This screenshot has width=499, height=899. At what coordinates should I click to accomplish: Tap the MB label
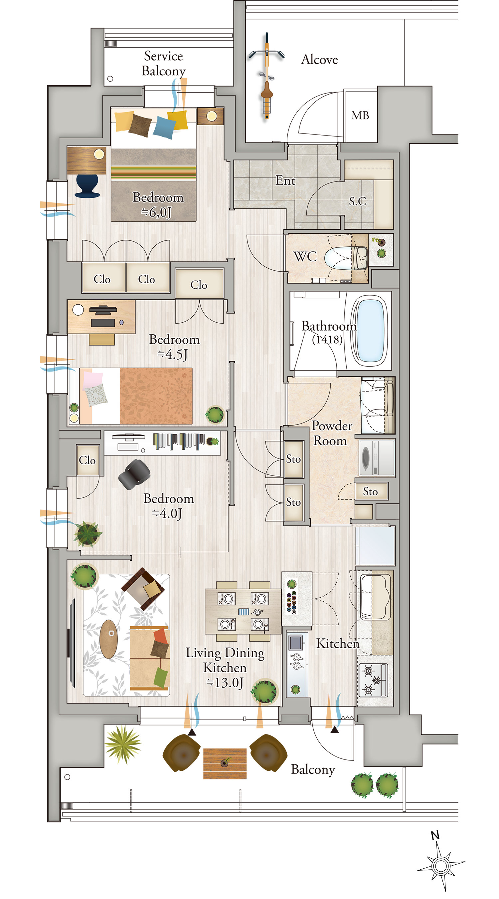360,115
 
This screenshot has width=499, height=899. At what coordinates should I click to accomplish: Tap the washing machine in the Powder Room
377,457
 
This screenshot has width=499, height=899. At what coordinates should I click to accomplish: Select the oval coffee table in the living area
108,639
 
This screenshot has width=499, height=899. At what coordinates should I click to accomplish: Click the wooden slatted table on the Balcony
225,763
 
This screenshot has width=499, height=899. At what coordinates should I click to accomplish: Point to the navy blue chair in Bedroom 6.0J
87,186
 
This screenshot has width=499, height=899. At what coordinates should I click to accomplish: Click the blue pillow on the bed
164,128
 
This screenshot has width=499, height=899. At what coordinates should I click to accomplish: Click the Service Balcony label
164,63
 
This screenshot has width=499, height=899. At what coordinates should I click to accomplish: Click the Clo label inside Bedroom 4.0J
87,460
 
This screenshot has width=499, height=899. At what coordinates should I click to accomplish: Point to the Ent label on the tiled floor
285,180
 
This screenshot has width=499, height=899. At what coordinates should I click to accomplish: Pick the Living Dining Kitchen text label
225,667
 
